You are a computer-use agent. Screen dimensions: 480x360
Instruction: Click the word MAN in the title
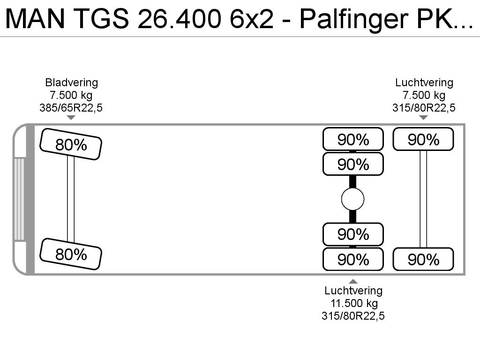pos(35,19)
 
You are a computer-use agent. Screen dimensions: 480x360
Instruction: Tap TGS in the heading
pos(102,19)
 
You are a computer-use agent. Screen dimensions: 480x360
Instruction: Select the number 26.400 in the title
pos(180,19)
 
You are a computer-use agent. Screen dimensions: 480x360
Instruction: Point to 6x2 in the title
pos(252,19)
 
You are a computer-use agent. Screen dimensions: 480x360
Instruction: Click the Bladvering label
pos(72,82)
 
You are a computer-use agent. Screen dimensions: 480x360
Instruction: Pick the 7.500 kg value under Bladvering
pos(71,95)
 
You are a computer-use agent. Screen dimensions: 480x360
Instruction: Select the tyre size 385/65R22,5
pos(71,108)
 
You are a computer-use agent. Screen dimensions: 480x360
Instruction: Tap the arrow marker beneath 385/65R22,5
pos(71,118)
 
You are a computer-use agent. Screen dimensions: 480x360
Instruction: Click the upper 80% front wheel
pos(71,144)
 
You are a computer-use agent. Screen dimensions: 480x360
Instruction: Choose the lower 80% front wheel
pos(71,254)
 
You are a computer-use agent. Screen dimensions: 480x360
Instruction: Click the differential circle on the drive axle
pos(352,199)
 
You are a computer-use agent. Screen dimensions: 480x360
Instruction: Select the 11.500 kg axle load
pos(354,303)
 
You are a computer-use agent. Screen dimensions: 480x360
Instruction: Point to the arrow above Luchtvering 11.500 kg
pos(353,281)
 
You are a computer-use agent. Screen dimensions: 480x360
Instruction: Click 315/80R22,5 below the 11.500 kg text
pos(353,316)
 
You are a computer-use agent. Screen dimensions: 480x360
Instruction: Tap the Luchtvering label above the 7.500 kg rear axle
pos(424,82)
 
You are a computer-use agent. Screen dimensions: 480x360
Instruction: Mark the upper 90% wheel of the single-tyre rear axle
pos(423,139)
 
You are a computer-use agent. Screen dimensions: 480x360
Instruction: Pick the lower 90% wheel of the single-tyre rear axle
pos(423,259)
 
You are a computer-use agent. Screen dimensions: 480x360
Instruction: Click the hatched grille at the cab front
pos(19,199)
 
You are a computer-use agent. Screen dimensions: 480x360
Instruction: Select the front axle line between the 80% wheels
pos(71,199)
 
